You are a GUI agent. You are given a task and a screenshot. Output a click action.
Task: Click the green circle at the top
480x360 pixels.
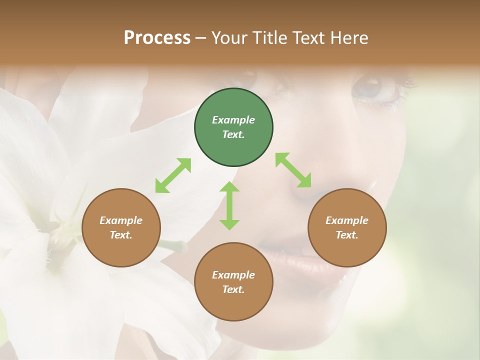tap(233, 127)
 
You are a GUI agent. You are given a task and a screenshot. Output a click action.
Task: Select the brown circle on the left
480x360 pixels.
tap(121, 227)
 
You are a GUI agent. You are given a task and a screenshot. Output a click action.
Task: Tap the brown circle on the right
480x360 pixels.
tap(347, 227)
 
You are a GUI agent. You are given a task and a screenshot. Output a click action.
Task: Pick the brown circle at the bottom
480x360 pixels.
tap(233, 282)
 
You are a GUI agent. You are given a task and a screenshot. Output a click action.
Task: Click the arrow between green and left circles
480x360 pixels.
tap(173, 175)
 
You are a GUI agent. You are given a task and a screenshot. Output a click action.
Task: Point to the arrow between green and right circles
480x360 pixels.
tap(293, 170)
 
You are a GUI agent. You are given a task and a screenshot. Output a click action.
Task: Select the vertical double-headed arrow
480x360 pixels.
tap(229, 205)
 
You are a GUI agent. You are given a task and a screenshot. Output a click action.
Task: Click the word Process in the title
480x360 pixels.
tap(157, 37)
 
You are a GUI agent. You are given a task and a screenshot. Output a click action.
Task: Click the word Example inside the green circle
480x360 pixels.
tap(233, 120)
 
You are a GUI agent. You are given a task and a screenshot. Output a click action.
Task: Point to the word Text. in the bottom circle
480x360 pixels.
tap(233, 289)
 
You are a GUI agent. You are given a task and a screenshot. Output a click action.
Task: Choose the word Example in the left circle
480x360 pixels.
tap(121, 220)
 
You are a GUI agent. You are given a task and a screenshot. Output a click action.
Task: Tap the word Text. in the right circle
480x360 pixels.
tap(347, 235)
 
